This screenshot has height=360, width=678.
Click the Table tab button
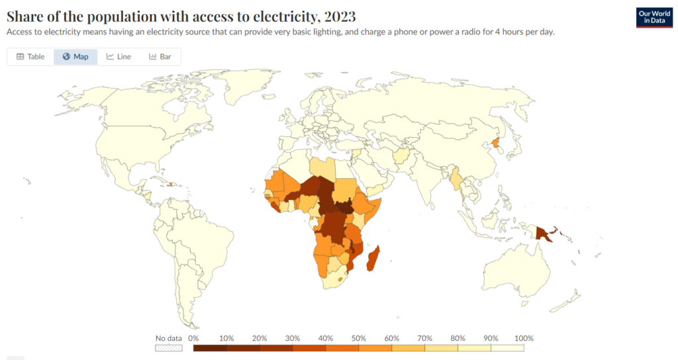click(x=30, y=57)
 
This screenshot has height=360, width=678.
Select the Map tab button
click(x=75, y=57)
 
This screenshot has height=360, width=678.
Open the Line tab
click(x=119, y=57)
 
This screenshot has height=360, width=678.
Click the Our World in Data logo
click(x=654, y=18)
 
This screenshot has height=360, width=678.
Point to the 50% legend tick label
click(x=359, y=338)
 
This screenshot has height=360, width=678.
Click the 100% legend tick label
click(x=523, y=338)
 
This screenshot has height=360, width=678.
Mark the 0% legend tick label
click(x=194, y=338)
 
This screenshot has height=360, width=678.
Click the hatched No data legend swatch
click(x=168, y=347)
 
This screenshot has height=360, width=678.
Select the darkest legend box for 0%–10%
click(x=210, y=347)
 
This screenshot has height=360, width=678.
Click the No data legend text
click(x=168, y=338)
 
